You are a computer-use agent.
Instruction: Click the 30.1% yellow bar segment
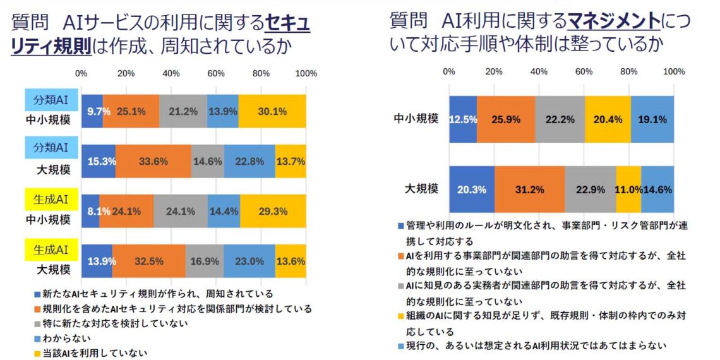[x=272, y=111]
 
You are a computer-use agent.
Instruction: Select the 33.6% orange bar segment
[x=153, y=161]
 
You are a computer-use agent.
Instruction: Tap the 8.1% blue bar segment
[x=90, y=211]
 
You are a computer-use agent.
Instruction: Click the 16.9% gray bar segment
[x=205, y=260]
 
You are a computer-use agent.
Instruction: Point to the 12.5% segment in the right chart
[x=462, y=119]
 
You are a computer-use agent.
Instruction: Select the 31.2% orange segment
[x=529, y=189]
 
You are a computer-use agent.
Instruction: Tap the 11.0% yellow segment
[x=628, y=189]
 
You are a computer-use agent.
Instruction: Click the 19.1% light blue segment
[x=652, y=119]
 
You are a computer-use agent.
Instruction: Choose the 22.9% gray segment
[x=590, y=189]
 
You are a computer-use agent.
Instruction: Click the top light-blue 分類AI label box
[x=52, y=100]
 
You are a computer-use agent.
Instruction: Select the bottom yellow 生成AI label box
[x=52, y=249]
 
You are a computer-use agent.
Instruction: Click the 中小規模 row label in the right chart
[x=416, y=118]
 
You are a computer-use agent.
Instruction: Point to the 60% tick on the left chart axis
[x=217, y=74]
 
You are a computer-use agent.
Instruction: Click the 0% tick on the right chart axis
[x=449, y=71]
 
